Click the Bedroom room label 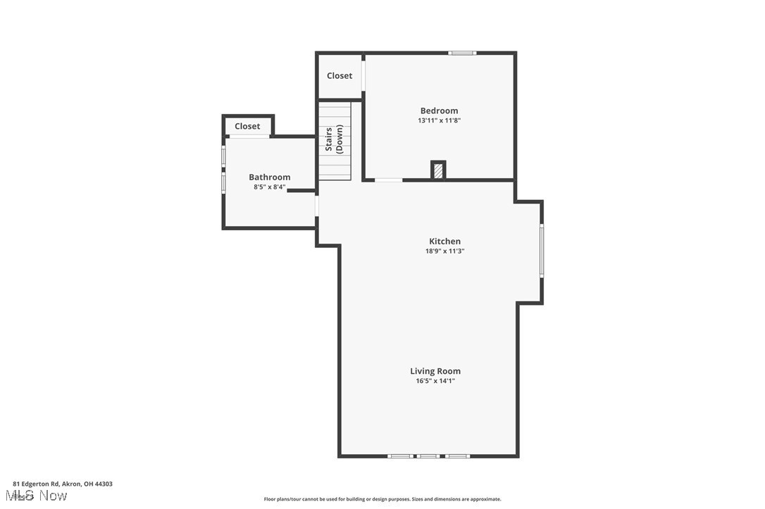click(x=439, y=111)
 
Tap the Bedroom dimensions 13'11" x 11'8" click(x=439, y=120)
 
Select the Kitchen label click(x=445, y=241)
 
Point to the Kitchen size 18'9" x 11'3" click(x=445, y=251)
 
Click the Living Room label click(x=435, y=371)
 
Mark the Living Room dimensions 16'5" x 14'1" click(x=435, y=381)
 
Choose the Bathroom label click(x=269, y=177)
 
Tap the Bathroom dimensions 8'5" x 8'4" click(x=269, y=187)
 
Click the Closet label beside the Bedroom click(x=340, y=76)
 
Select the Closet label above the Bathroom click(x=247, y=127)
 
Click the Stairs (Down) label click(x=334, y=139)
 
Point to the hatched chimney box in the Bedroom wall click(x=438, y=170)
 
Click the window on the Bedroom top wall click(x=463, y=53)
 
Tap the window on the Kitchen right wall click(x=541, y=250)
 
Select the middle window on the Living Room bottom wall click(x=428, y=456)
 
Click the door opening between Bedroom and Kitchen click(x=388, y=180)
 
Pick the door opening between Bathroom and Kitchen click(x=317, y=206)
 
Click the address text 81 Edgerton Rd click(x=62, y=484)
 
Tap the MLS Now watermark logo click(x=40, y=496)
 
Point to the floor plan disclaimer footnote click(x=382, y=499)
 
